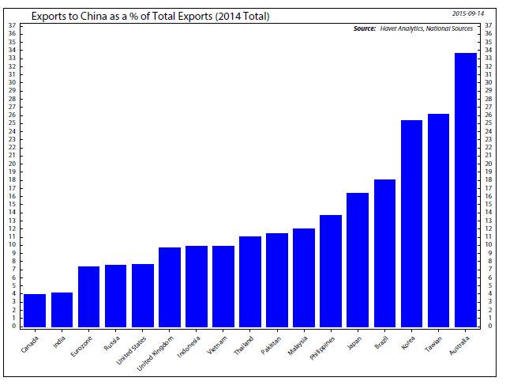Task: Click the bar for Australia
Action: point(466,190)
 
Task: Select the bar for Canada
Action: point(35,310)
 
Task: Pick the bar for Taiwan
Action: point(439,221)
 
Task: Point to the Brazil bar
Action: point(385,253)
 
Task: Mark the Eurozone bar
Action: point(88,296)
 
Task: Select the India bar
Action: point(62,309)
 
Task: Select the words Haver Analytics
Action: point(409,29)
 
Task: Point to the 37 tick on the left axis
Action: point(11,25)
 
